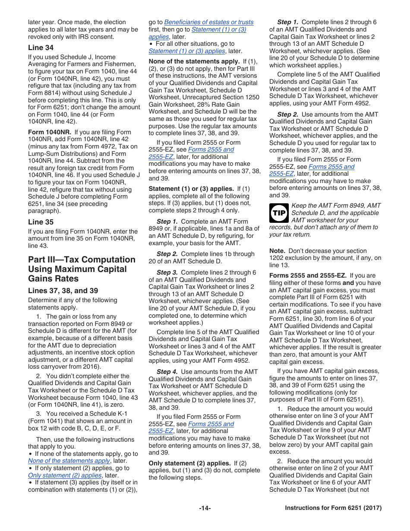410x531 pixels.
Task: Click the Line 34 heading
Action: pos(41,47)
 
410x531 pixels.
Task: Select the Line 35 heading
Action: pos(41,222)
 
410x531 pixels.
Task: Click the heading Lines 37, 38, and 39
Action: pos(63,291)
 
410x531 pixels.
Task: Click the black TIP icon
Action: pos(279,213)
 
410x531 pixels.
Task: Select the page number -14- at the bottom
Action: pos(205,508)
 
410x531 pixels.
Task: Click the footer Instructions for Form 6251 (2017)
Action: pos(333,508)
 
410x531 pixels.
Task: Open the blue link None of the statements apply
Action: pos(69,461)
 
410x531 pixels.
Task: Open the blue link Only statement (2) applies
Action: pos(65,475)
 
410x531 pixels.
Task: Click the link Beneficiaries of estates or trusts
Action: pos(209,22)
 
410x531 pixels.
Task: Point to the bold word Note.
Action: pos(277,251)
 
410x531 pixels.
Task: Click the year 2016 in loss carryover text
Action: pos(92,367)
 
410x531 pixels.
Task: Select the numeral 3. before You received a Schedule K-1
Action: pos(38,414)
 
